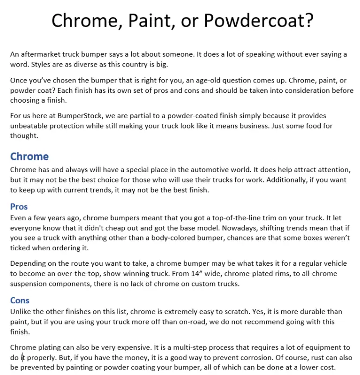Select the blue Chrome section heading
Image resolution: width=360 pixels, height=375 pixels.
30,157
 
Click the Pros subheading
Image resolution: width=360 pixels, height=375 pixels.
19,207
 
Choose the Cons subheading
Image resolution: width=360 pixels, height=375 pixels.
20,300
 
